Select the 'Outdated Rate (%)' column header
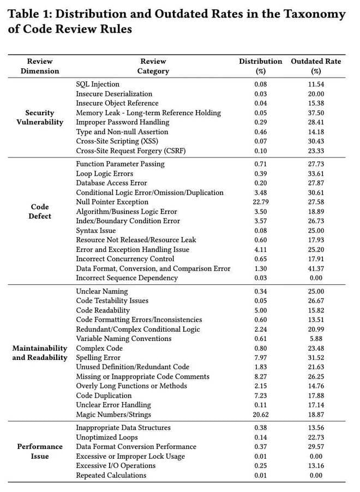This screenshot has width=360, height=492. coord(315,66)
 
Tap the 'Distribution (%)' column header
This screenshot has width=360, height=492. coord(260,66)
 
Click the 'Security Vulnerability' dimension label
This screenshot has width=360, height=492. coord(40,117)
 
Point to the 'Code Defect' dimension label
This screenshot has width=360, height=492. coord(40,212)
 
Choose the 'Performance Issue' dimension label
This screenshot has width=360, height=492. coord(40,451)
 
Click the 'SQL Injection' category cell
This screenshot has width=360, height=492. coord(98,84)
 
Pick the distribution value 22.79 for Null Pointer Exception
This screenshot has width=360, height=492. coord(260,202)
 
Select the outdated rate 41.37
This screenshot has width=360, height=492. coord(315,268)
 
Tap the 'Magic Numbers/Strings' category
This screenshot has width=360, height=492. coord(112,414)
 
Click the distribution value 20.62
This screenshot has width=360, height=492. coord(260,414)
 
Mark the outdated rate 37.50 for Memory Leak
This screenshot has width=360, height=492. coord(315,112)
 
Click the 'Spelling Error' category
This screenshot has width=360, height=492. coord(99,357)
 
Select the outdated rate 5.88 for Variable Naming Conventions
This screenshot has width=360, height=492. coord(315,338)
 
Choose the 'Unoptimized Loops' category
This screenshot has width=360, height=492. coord(107,437)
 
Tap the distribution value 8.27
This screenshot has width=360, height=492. coord(260,376)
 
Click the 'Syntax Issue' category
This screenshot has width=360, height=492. coord(96,230)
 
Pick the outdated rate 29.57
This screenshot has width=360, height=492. coord(315,446)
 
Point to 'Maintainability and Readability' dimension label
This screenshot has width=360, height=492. coord(40,352)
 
